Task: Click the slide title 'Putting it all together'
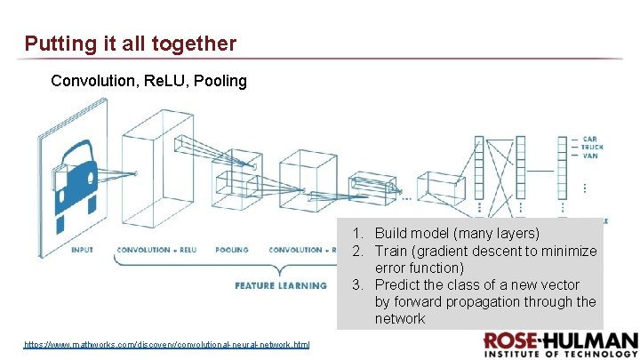pos(131,43)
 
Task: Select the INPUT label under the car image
pos(82,250)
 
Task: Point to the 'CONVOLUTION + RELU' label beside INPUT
pos(156,250)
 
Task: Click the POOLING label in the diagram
pos(231,250)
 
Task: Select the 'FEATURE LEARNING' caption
pos(281,285)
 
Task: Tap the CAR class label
pos(589,139)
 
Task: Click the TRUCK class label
pos(593,147)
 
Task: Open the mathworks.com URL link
pos(166,343)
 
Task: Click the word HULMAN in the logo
pos(596,340)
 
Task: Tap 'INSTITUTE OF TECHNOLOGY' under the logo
pos(561,354)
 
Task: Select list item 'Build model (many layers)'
pos(456,234)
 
